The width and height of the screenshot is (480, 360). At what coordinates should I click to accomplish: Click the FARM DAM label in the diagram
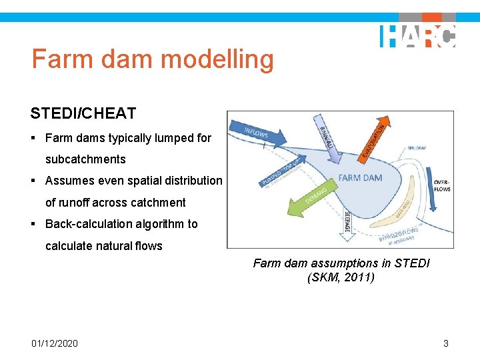pos(359,178)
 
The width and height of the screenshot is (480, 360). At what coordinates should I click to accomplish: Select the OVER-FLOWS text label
pos(441,185)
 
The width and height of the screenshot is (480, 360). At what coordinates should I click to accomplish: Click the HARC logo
pos(418,36)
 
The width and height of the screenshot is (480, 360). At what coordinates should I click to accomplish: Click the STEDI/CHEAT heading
pos(83,113)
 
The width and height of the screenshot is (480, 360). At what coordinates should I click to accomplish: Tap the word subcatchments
pos(85,159)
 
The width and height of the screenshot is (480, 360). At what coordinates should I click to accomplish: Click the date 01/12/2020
pos(55,343)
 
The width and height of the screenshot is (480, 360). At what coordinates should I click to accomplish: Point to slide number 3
pos(445,343)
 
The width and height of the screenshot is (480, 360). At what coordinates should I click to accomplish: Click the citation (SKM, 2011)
pos(341,277)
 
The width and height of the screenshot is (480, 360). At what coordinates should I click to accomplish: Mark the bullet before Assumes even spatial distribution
pos(34,181)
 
